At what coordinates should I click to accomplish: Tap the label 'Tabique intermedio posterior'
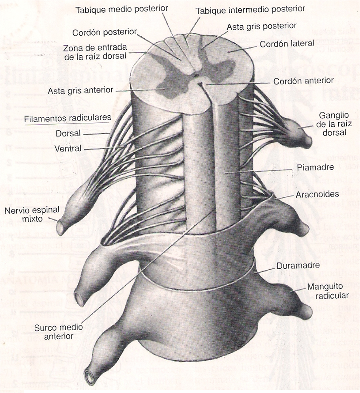pos(251,9)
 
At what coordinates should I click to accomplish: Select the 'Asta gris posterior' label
pos(261,26)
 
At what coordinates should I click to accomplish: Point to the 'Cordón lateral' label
pos(287,43)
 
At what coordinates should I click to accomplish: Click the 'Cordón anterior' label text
pos(303,80)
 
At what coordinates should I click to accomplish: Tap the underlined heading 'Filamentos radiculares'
pos(67,118)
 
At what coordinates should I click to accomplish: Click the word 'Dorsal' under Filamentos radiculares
pos(68,133)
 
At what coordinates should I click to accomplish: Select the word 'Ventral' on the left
pos(68,149)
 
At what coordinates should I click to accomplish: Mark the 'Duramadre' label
pos(298,266)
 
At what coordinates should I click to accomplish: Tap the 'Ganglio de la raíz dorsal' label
pos(334,124)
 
